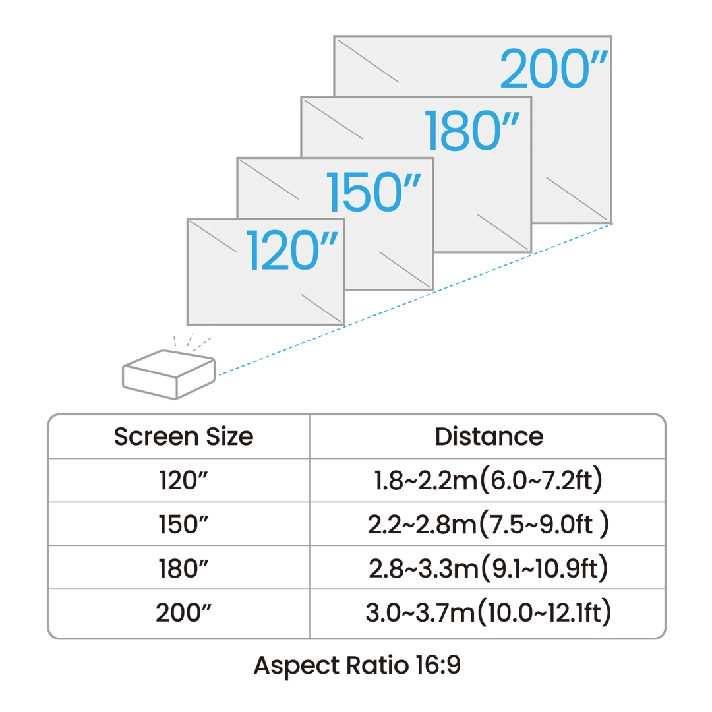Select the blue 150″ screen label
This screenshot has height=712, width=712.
coord(373,191)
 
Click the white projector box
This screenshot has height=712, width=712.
coord(169,376)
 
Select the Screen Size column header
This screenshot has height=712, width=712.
coord(183,436)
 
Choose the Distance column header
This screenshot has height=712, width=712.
coord(489,436)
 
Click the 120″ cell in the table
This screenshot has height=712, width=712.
coord(183,481)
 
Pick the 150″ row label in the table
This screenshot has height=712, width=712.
coord(183,524)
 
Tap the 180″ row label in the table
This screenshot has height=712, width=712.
coord(183,568)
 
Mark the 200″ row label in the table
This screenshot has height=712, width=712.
coord(183,612)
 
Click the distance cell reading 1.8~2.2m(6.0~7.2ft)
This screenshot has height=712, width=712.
coord(489,481)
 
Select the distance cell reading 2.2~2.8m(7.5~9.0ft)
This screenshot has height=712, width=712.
coord(489,524)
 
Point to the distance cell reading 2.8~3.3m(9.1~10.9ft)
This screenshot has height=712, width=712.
coord(489,568)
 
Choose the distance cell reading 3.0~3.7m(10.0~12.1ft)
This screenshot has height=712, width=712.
coord(489,612)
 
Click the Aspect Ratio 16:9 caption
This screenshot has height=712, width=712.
coord(357,666)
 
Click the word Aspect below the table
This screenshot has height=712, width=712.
coord(289,666)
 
